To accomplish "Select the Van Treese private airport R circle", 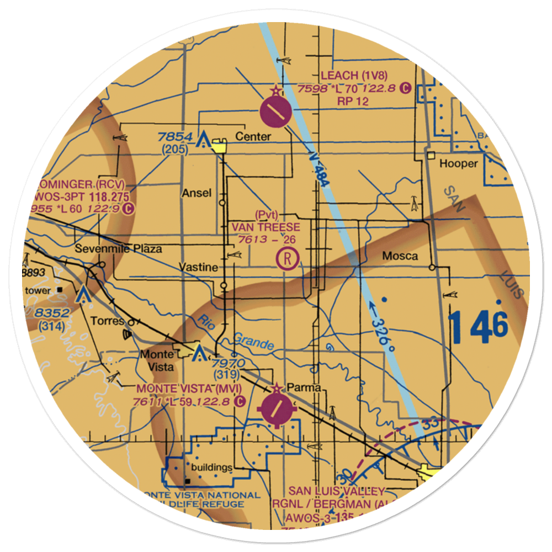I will (288, 258).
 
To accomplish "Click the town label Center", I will (253, 136).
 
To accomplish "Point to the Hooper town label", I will (458, 163).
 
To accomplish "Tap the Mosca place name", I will (400, 256).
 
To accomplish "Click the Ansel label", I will (196, 193).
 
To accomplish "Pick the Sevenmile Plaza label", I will (119, 248).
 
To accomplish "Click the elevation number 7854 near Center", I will (174, 137).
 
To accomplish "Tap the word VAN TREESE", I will (266, 227).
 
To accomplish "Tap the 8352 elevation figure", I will (50, 314).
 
